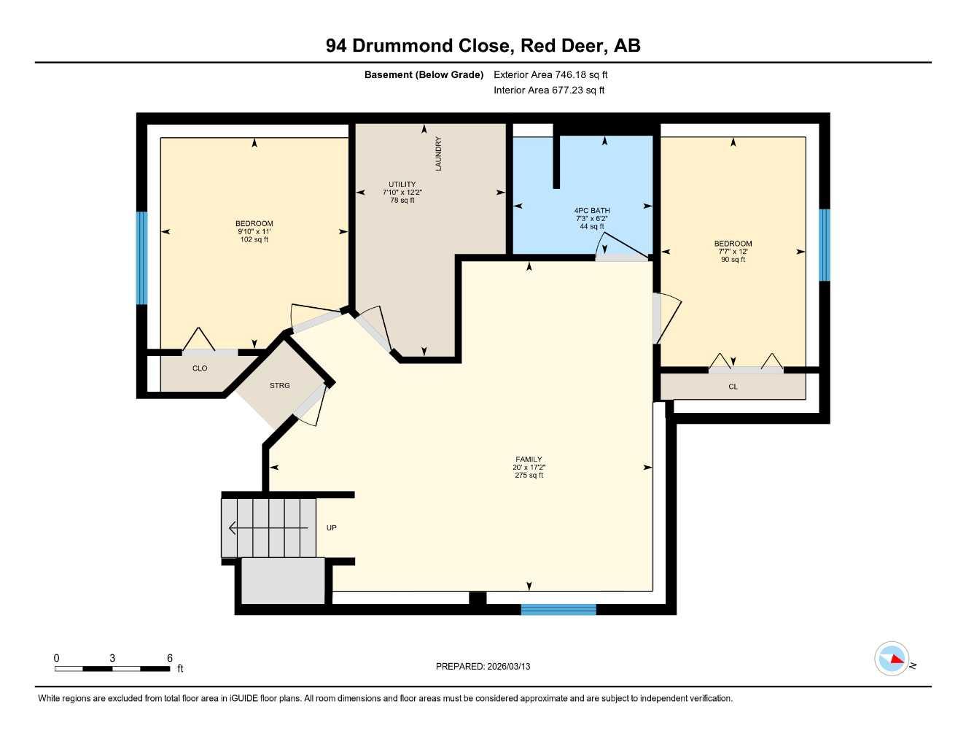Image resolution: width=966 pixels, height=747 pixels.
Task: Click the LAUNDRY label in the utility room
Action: click(x=438, y=154)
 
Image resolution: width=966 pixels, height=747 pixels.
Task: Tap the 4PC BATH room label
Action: click(x=591, y=210)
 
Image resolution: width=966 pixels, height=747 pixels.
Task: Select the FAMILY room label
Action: click(x=529, y=460)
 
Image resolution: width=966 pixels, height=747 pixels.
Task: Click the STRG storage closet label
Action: click(x=279, y=385)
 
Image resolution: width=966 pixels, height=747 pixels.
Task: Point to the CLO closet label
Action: click(x=200, y=368)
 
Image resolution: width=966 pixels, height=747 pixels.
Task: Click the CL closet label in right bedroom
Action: click(x=733, y=387)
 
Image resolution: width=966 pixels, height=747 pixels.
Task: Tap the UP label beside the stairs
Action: click(x=332, y=527)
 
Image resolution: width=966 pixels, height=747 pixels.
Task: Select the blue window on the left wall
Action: click(x=142, y=258)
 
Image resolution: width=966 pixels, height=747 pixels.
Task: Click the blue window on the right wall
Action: click(x=825, y=244)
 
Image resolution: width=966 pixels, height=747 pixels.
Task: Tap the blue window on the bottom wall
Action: click(x=558, y=609)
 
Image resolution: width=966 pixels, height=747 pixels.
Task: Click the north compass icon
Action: click(x=892, y=659)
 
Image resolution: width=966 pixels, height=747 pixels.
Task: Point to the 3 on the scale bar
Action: click(x=112, y=658)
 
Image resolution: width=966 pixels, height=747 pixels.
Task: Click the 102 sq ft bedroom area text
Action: click(x=254, y=239)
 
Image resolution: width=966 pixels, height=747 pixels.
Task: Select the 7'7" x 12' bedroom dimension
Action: click(x=733, y=252)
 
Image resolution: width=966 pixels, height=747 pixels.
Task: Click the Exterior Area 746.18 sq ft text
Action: click(x=550, y=74)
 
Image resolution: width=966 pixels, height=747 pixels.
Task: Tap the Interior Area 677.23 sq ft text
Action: click(x=549, y=90)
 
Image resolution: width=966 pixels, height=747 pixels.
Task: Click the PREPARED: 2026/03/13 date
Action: click(x=483, y=666)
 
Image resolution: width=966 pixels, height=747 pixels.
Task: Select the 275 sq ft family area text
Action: click(x=529, y=476)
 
